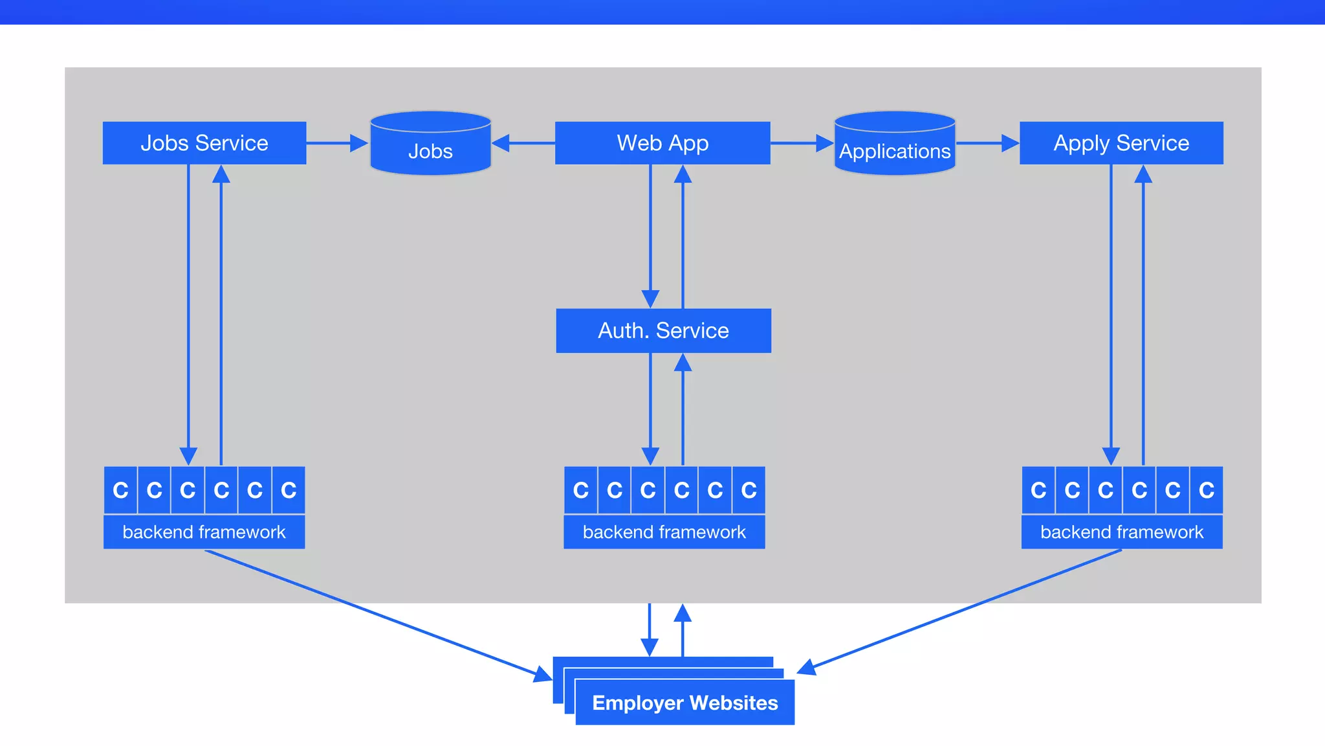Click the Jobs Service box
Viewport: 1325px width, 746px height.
click(204, 142)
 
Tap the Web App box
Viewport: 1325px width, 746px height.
click(662, 142)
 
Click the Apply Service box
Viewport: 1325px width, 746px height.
click(1121, 142)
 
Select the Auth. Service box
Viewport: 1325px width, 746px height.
click(663, 330)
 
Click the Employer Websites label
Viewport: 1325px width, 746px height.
click(684, 703)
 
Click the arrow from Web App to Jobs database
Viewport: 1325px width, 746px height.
click(523, 143)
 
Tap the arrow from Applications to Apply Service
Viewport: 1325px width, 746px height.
click(987, 143)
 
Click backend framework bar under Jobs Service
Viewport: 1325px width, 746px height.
click(204, 532)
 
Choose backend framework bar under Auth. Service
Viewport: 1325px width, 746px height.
click(664, 532)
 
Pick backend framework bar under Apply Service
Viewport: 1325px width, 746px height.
click(1122, 532)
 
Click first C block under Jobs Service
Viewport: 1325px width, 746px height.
click(120, 490)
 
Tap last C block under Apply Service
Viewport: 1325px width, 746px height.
click(1206, 490)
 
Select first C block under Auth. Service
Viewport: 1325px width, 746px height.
click(580, 490)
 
